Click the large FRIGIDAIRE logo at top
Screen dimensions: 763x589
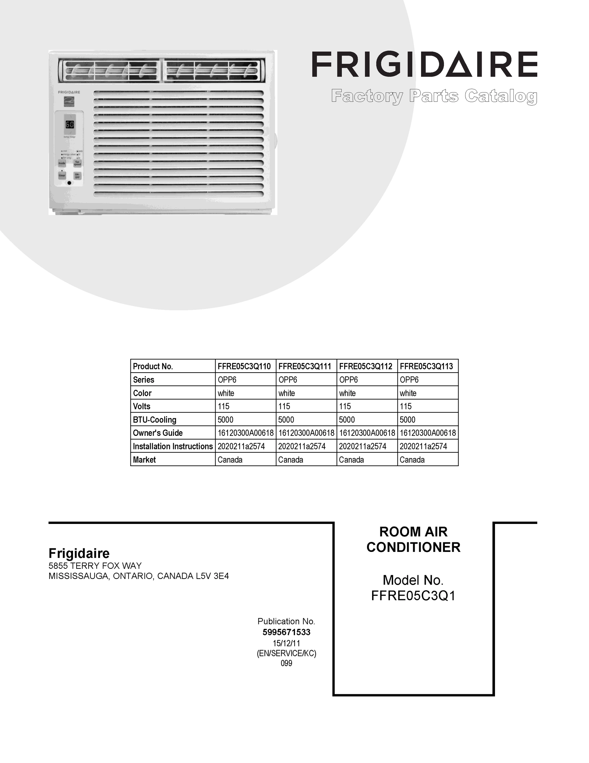[424, 64]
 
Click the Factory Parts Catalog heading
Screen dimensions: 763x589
[434, 96]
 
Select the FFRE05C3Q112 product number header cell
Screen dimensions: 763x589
[366, 366]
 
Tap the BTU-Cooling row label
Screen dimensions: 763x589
[155, 420]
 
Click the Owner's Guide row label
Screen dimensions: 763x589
[158, 433]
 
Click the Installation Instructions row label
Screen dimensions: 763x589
[173, 446]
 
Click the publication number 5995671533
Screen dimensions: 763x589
[286, 632]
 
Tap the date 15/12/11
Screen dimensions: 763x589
[286, 643]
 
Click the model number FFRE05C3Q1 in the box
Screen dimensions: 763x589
[413, 596]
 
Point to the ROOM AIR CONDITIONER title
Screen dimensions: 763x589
[413, 540]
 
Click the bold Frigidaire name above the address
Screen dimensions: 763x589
[79, 553]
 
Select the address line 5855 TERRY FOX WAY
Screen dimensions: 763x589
[95, 566]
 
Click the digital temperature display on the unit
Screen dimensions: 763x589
[70, 124]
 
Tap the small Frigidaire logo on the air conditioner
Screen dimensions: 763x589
[69, 92]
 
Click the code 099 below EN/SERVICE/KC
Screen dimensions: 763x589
[286, 663]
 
